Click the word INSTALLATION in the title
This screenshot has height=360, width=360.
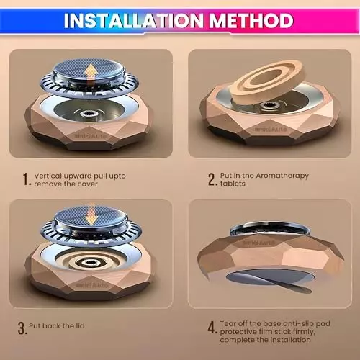click(x=134, y=21)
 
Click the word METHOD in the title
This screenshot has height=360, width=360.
click(x=251, y=21)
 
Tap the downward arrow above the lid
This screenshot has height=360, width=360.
click(x=91, y=215)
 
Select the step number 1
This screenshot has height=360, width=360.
click(x=27, y=179)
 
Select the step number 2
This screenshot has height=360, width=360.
click(x=212, y=179)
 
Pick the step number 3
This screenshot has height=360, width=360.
click(x=22, y=328)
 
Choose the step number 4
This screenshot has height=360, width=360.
click(x=212, y=328)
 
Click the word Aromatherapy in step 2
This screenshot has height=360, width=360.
click(x=282, y=176)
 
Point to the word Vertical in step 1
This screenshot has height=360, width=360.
click(x=48, y=176)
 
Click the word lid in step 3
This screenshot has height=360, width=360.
click(x=80, y=325)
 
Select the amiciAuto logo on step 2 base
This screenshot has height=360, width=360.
click(x=271, y=129)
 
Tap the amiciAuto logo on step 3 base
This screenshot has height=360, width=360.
click(x=92, y=285)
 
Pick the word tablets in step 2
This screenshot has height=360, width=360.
click(x=233, y=184)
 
